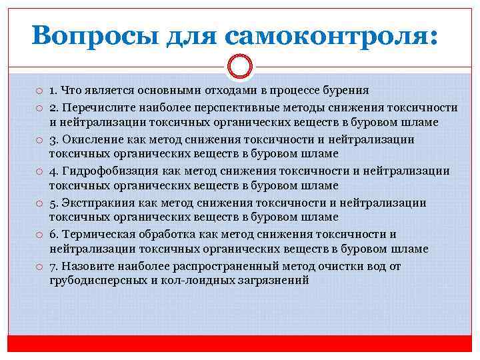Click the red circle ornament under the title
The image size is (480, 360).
click(x=239, y=67)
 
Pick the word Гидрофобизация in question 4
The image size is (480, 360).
click(x=107, y=171)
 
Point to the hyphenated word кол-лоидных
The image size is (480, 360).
click(x=194, y=281)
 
